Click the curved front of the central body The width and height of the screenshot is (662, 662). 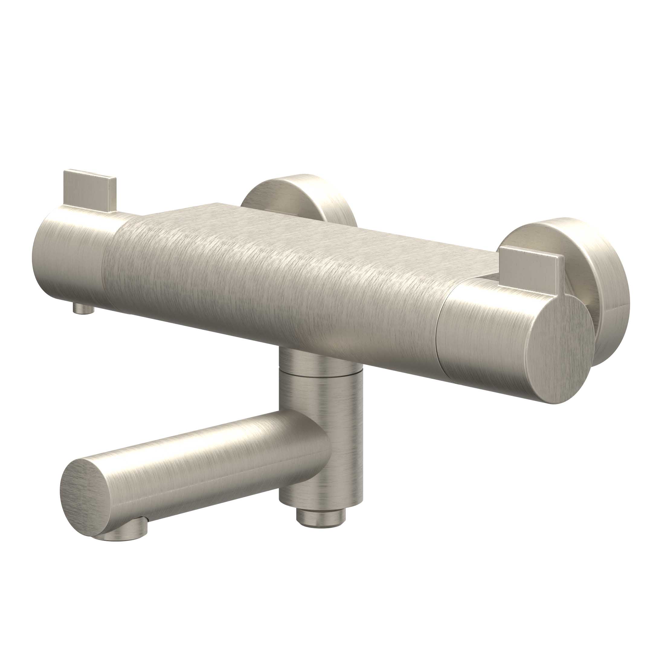[274, 291]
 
